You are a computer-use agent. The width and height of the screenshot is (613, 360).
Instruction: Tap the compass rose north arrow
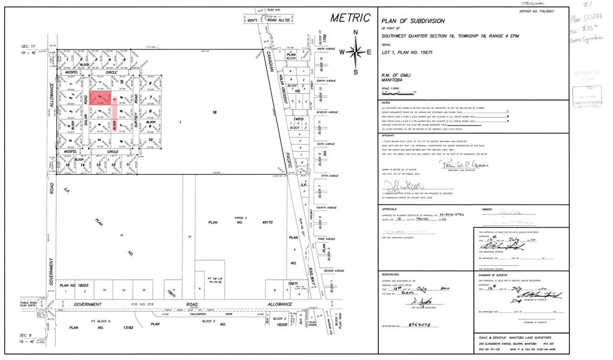[356, 52]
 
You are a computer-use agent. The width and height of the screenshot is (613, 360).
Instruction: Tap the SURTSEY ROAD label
[137, 113]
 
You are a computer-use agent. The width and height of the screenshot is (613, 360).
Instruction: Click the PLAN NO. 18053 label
[74, 286]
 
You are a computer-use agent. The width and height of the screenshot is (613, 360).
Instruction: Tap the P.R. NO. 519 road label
[149, 304]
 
